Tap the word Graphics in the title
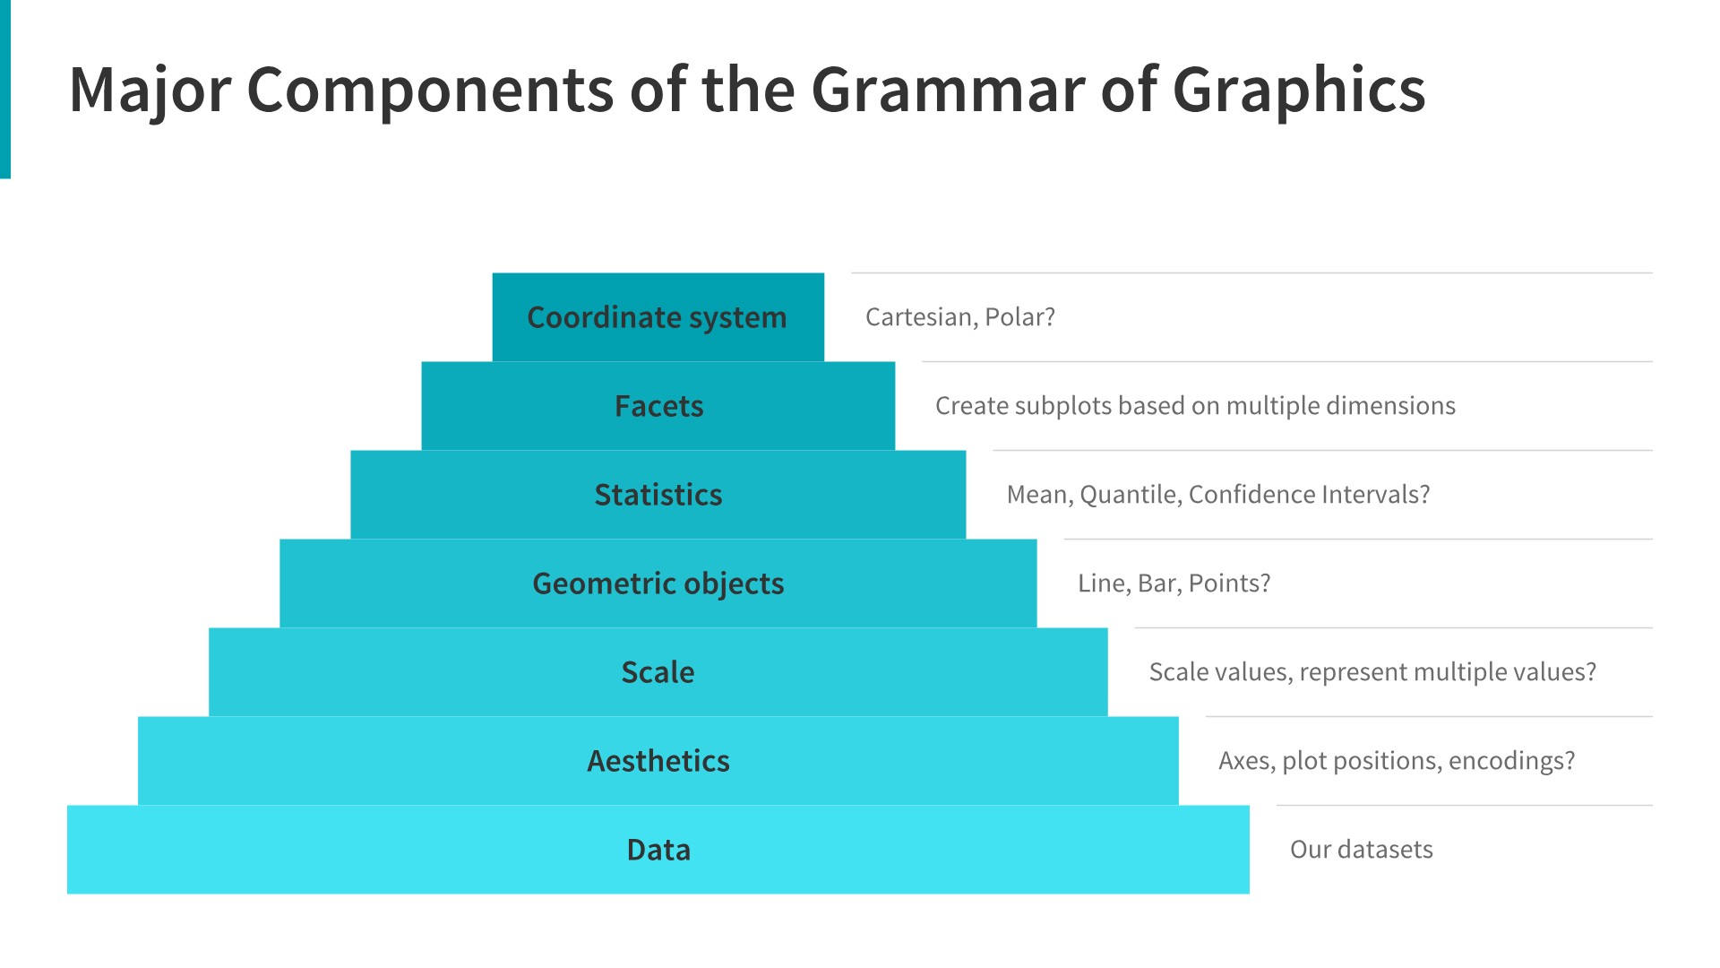pos(1298,91)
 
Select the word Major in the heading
pos(150,91)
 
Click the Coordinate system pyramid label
pos(657,317)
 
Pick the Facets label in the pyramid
pos(658,406)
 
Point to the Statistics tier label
pos(658,495)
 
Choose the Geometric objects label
pos(658,583)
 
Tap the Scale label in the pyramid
pos(658,672)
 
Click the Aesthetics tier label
pos(658,761)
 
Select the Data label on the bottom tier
pos(658,850)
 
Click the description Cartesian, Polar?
pos(960,317)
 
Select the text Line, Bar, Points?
pos(1174,583)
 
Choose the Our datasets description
pos(1361,850)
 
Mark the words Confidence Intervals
pos(1308,495)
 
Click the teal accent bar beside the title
pos(4,90)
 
